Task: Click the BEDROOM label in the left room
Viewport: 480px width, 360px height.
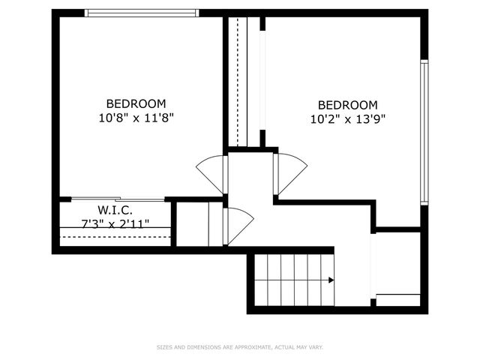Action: point(136,103)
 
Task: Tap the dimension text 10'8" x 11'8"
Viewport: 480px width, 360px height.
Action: point(136,117)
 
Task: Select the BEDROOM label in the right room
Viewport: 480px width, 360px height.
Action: point(347,105)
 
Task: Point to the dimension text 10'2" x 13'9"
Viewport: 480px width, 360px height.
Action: point(347,118)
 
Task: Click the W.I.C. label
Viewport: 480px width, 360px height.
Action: point(115,210)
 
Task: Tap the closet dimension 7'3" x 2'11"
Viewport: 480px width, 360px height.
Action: point(115,223)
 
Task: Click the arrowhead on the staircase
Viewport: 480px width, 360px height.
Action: point(331,280)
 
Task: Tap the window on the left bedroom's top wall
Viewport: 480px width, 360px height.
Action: point(141,13)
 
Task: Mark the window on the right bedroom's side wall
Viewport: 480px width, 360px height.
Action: point(424,132)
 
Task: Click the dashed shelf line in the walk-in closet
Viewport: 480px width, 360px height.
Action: point(115,237)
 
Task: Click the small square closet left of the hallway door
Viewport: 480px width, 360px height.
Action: point(199,223)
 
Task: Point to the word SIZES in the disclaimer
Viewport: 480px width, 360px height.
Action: point(163,347)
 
